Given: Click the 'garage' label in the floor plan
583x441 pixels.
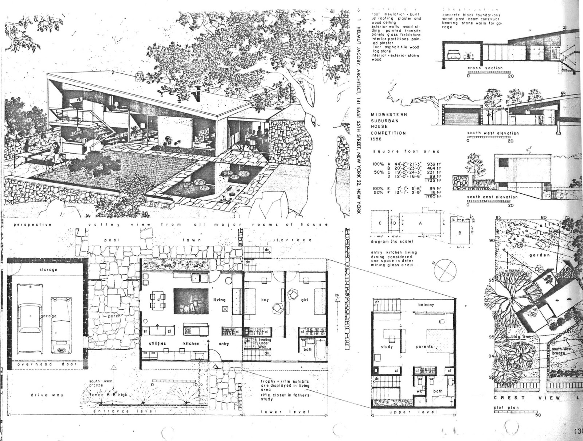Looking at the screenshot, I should (49, 316).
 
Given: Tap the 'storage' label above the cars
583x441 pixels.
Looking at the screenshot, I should (48, 270).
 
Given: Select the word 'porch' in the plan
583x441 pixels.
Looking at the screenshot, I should (114, 316).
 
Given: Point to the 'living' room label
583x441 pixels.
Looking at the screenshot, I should (219, 300).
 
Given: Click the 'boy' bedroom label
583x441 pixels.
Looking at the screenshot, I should (265, 300).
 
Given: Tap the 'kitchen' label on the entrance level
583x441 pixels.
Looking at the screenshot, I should (192, 343).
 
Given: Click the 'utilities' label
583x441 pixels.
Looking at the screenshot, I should (157, 343).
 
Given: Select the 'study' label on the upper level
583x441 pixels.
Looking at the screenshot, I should (387, 347).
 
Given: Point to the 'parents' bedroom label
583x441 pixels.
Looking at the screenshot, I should (424, 347).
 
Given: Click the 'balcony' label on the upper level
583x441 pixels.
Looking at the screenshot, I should (426, 305).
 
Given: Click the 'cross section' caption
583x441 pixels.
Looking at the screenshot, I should (485, 68).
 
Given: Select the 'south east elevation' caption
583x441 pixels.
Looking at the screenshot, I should (492, 197).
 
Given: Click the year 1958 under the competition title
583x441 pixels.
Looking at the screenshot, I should (376, 139).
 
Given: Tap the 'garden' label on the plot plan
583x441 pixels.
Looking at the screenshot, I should (540, 255).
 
